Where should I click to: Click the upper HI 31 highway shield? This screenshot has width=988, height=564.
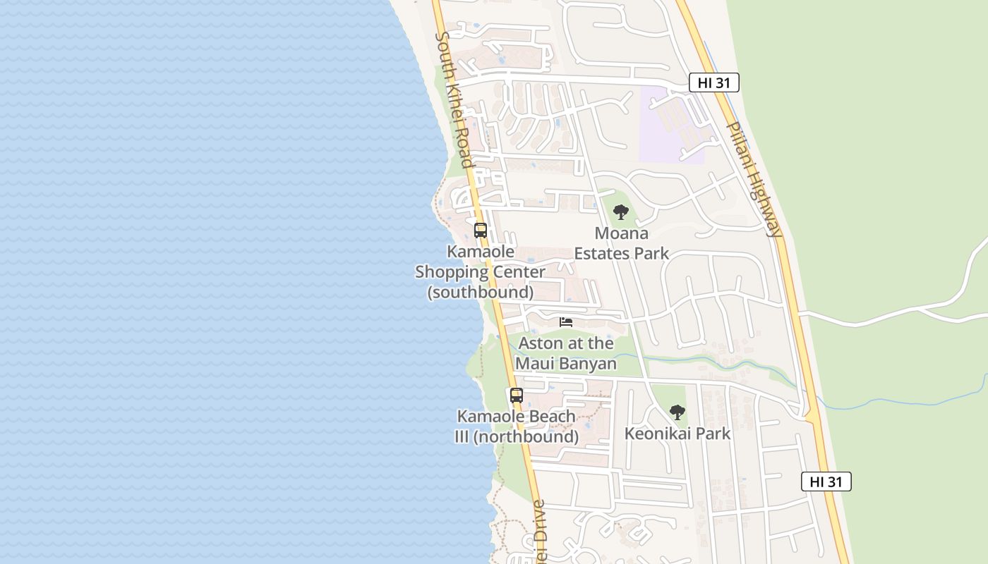(713, 83)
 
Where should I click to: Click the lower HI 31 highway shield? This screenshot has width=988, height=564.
(826, 482)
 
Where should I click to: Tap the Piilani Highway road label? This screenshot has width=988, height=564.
(754, 179)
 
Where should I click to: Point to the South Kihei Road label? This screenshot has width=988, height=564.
(454, 99)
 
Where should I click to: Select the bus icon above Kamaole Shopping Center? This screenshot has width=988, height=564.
(481, 231)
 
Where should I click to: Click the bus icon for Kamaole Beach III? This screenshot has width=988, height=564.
(517, 396)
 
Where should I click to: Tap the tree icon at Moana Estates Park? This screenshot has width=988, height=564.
(621, 212)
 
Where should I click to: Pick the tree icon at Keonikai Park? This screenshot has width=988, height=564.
(677, 412)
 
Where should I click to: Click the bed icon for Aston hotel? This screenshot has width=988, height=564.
(566, 322)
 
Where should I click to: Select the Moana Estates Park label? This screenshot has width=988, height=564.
(621, 243)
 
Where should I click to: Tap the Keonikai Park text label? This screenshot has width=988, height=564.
(677, 434)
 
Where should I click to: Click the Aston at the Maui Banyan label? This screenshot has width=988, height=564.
(566, 353)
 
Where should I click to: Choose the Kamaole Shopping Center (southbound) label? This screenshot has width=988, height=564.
(480, 271)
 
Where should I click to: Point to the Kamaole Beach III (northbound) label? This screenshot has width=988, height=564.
(517, 427)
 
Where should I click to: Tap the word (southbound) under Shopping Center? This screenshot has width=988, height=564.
(481, 292)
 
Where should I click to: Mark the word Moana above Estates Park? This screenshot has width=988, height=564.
(621, 233)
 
